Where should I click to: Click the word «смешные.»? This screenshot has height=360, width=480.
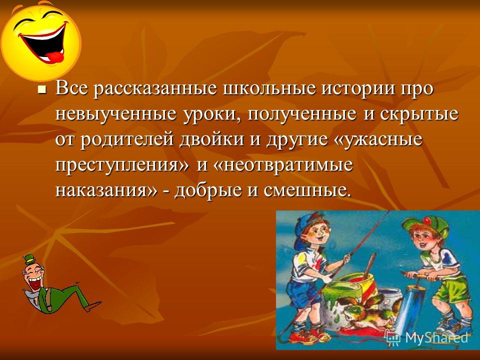click(x=306, y=190)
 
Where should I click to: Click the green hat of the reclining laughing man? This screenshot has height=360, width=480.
click(x=30, y=260)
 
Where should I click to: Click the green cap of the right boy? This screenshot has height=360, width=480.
click(x=424, y=225)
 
